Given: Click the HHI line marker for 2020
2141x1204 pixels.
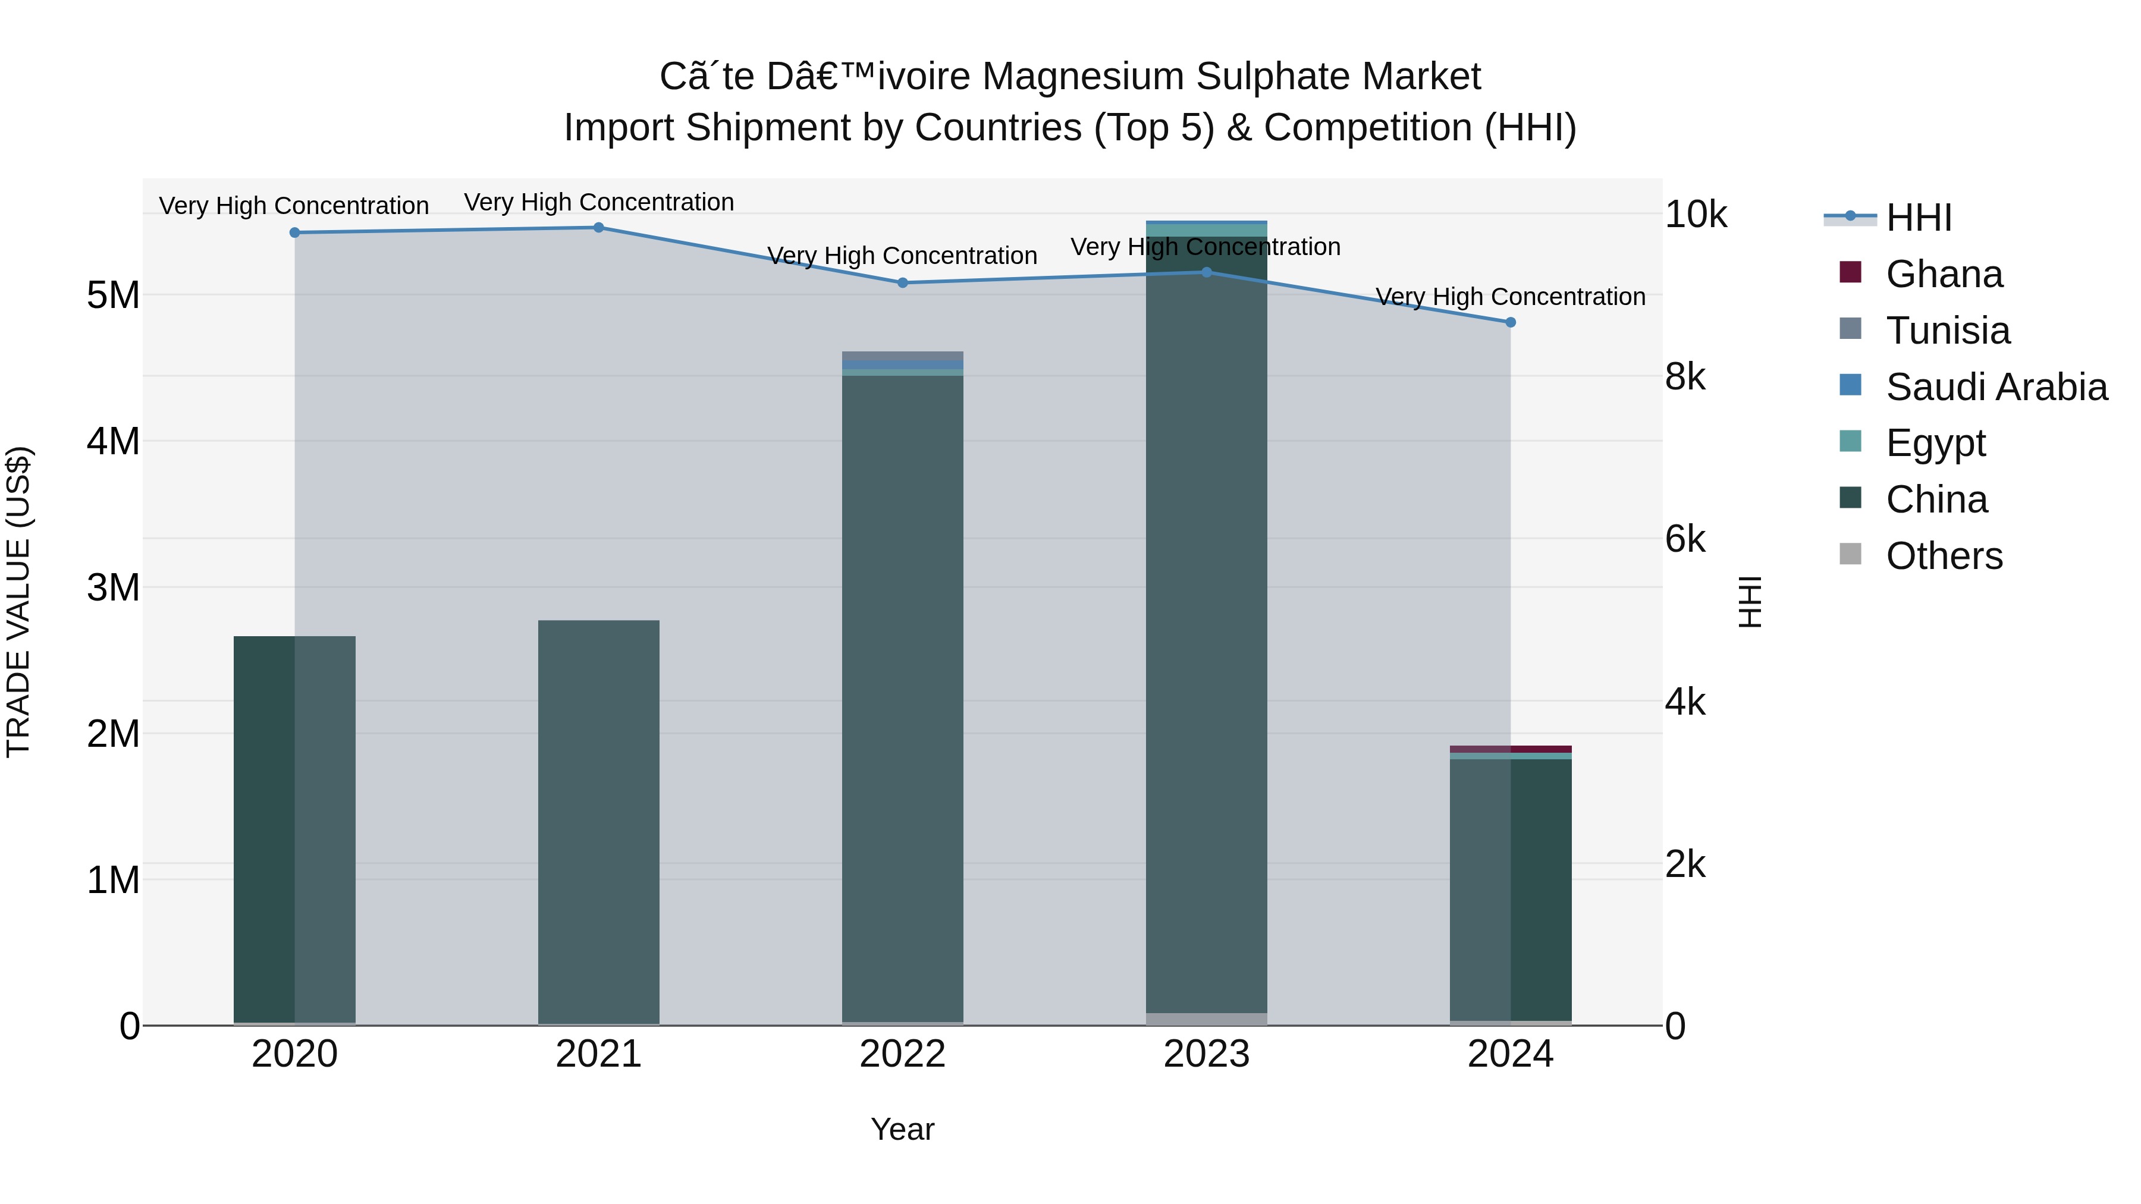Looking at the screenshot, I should (x=294, y=232).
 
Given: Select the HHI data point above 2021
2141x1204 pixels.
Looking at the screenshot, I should (x=598, y=228).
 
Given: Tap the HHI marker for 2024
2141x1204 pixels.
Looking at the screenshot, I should (x=1510, y=322).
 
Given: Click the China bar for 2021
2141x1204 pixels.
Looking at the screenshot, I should (x=598, y=823).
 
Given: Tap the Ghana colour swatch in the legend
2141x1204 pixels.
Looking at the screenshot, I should (x=1850, y=272).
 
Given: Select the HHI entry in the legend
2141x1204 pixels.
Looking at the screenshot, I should (x=1918, y=218).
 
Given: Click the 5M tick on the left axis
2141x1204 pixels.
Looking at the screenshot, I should (x=113, y=295).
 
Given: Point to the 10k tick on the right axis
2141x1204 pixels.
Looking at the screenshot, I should (x=1696, y=215).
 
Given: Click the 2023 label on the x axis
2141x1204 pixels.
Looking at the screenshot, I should (x=1206, y=1054).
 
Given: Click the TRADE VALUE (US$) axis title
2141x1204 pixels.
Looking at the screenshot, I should (x=18, y=602).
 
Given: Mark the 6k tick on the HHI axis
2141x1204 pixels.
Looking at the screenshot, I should (x=1685, y=540).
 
